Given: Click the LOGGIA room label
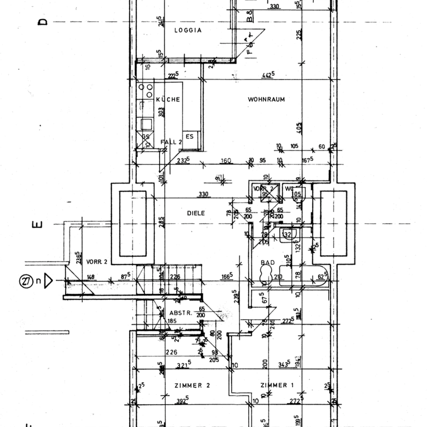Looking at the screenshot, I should tap(188, 30).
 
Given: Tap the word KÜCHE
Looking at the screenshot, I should tap(168, 100).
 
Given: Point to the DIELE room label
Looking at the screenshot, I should tap(196, 213).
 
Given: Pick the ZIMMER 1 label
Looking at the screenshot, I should tap(277, 385).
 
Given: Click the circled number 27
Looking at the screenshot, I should tap(26, 280).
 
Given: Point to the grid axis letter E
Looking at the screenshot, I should tap(36, 225).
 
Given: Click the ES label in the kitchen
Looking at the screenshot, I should tap(190, 136).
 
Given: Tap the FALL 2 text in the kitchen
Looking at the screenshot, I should tap(171, 143).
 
